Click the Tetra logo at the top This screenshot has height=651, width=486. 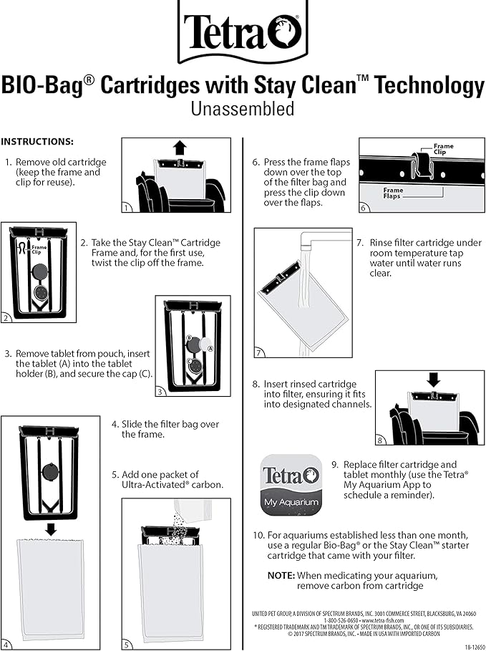pos(243,30)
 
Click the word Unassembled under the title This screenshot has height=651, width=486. pos(242,109)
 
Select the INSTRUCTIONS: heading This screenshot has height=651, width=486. pos(37,142)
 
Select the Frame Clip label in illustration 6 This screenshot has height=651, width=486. pos(443,149)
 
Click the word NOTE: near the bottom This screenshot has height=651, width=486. pos(281,575)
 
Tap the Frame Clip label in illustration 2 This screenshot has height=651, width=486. pos(40,249)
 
